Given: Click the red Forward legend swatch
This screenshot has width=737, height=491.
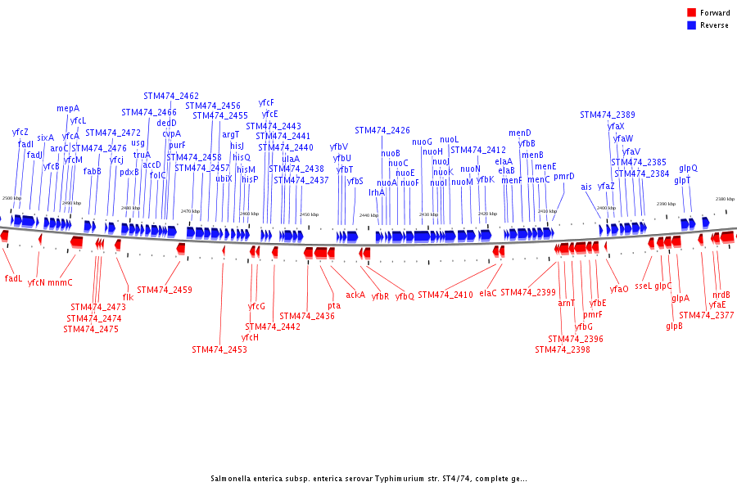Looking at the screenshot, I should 691,13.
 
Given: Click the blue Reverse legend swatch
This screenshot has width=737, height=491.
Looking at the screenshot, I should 691,25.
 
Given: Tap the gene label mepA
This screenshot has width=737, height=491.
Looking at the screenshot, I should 68,108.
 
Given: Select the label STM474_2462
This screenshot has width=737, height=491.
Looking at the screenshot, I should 171,96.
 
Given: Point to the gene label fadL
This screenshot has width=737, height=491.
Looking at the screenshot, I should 13,278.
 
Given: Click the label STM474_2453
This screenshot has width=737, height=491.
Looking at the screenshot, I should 219,349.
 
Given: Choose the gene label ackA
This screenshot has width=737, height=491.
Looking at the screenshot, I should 355,295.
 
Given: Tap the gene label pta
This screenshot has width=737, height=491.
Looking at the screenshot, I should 334,305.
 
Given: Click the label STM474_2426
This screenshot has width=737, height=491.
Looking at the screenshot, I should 382,130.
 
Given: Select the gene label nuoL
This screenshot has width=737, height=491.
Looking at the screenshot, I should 450,139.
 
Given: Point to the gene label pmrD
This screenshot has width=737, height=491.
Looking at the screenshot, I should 564,176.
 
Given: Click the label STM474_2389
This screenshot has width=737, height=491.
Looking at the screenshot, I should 608,115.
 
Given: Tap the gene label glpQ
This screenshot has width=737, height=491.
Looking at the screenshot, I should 688,168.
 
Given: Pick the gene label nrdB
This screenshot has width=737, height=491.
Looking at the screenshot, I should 721,295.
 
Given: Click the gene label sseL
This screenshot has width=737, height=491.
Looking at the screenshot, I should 643,286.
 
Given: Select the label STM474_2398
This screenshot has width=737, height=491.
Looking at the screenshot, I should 563,349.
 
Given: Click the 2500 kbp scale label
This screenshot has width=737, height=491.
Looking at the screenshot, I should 12,199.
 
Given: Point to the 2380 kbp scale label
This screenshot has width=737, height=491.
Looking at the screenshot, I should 725,199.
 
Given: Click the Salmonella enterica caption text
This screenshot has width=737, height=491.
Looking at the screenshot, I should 368,479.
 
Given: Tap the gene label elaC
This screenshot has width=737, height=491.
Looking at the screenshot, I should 488,292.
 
